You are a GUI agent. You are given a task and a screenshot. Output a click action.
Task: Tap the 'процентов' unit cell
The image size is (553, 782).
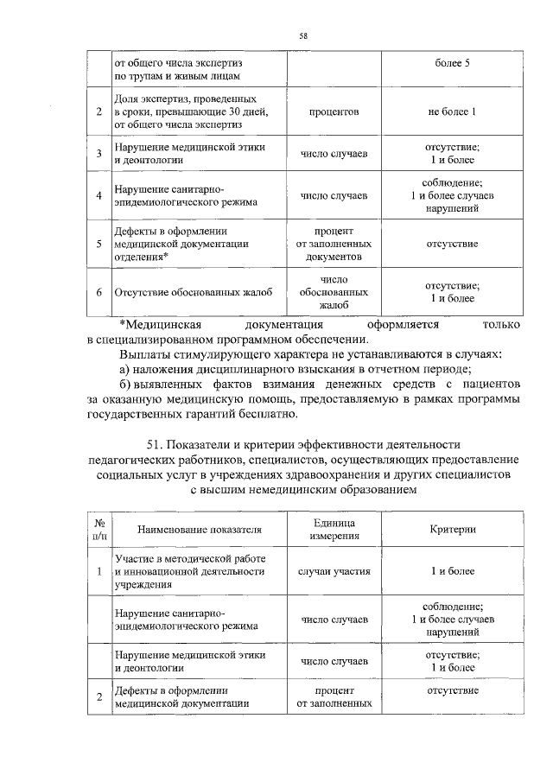pos(334,112)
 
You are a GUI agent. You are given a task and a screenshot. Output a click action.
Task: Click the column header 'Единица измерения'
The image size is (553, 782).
pos(334,530)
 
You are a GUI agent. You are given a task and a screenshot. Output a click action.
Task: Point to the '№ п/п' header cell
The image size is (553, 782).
pos(99,530)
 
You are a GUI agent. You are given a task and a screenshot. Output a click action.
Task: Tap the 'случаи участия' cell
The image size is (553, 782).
pos(334,572)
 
